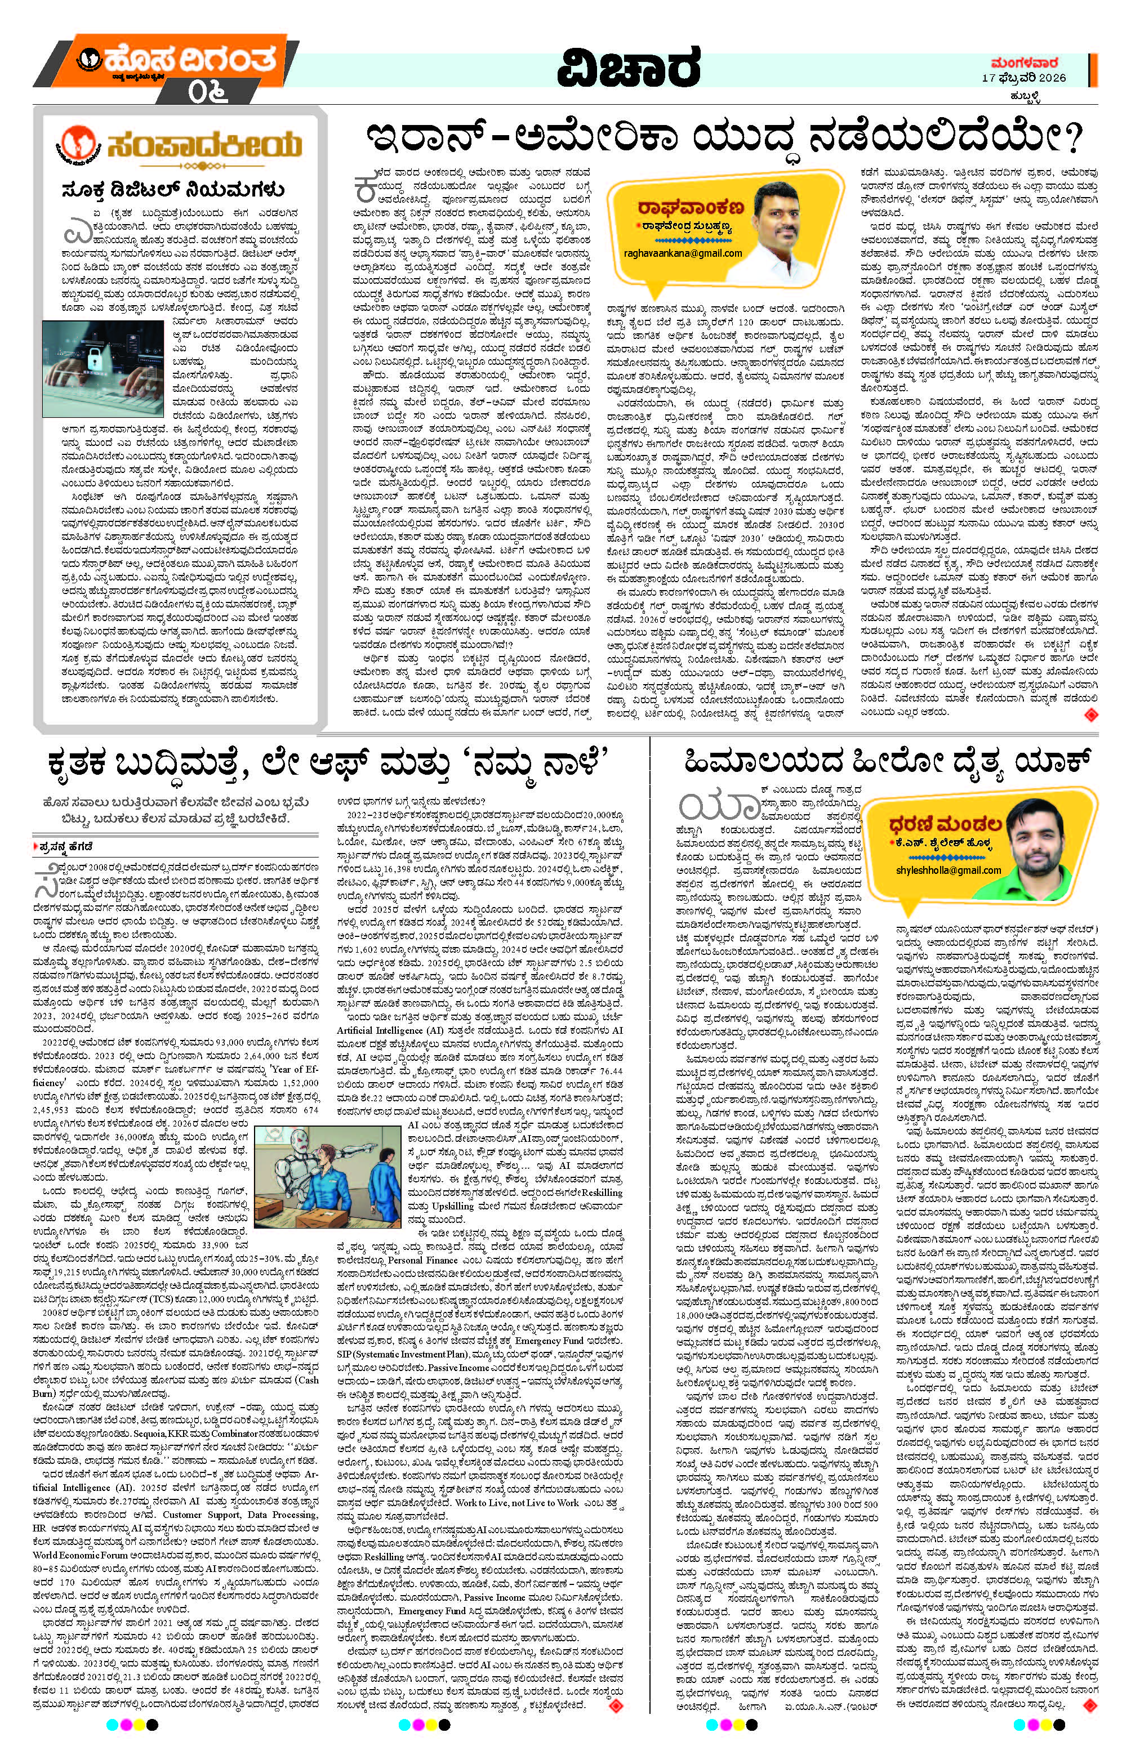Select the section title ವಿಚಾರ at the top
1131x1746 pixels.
627,73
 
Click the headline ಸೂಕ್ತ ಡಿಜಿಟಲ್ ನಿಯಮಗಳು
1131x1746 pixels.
172,191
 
